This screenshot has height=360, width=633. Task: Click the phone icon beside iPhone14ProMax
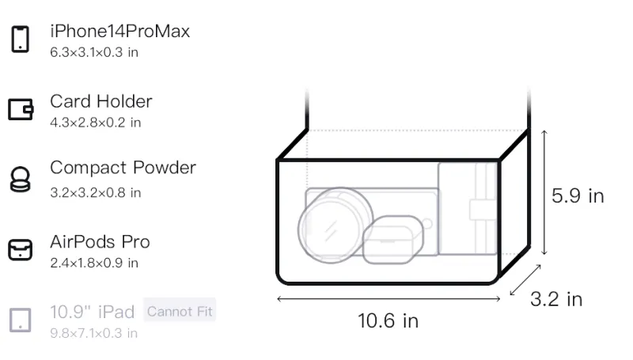click(21, 39)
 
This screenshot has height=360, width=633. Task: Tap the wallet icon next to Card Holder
click(21, 109)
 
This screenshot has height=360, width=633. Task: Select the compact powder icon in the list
click(20, 179)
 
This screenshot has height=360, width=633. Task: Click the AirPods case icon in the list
click(21, 250)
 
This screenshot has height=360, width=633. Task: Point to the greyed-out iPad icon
click(21, 320)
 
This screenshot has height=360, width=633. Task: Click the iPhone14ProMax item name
click(120, 32)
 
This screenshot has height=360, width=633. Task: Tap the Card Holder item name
click(101, 101)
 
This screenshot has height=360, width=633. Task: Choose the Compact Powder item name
click(123, 168)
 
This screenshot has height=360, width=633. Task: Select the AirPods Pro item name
click(100, 242)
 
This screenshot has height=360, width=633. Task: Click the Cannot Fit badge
click(180, 311)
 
